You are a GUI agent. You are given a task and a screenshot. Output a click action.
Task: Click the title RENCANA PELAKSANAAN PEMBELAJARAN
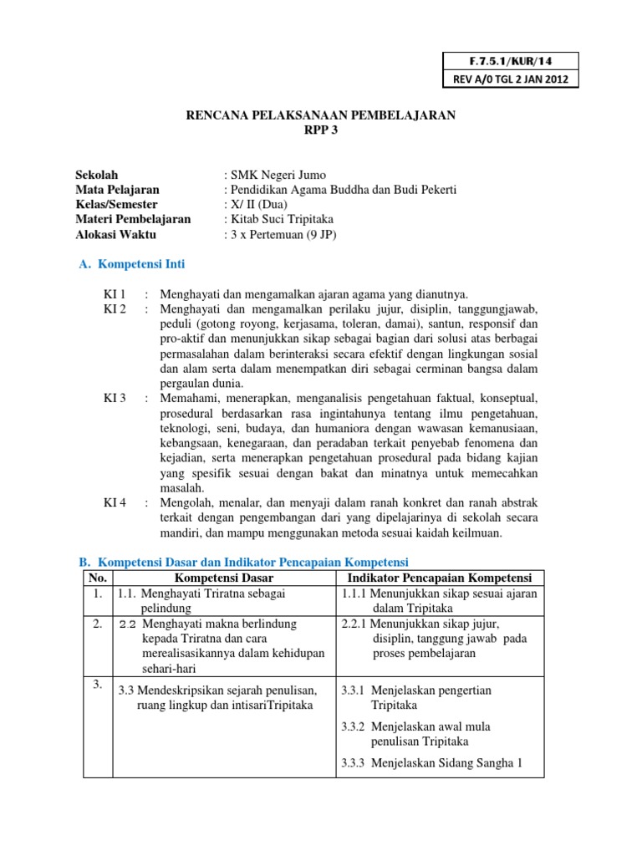(x=320, y=115)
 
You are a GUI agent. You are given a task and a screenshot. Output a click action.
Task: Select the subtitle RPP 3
(x=320, y=130)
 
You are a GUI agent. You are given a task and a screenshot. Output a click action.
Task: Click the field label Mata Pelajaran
(x=118, y=190)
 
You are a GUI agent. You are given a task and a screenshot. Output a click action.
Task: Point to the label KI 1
(x=115, y=294)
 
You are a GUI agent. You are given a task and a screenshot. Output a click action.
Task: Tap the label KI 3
(x=115, y=398)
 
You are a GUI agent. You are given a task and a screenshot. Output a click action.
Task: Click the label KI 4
(x=115, y=502)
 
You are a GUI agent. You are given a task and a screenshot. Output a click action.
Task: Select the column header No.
(x=98, y=578)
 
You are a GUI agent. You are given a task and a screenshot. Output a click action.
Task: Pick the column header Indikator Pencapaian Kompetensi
(x=440, y=578)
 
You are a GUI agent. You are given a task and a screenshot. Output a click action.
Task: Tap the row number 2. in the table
(x=98, y=624)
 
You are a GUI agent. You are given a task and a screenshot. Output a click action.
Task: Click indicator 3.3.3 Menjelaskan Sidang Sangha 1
(x=431, y=762)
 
